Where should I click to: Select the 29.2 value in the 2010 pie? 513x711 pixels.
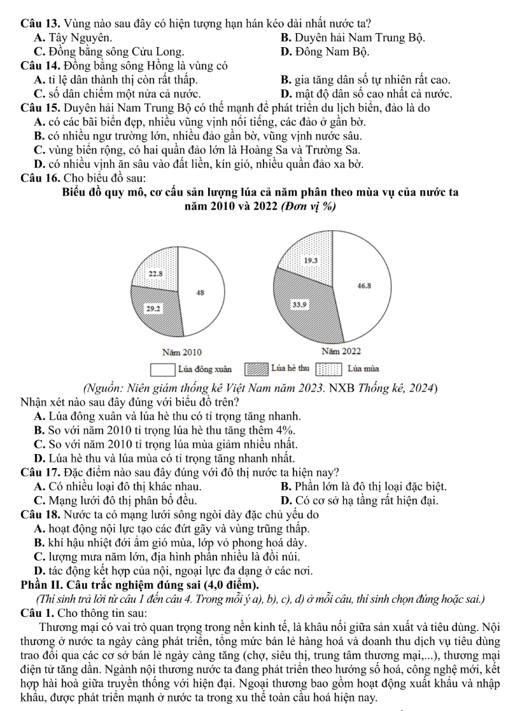(x=153, y=308)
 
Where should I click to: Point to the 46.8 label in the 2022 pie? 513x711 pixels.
(x=365, y=287)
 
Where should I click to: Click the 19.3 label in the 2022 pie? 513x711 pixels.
(x=311, y=261)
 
